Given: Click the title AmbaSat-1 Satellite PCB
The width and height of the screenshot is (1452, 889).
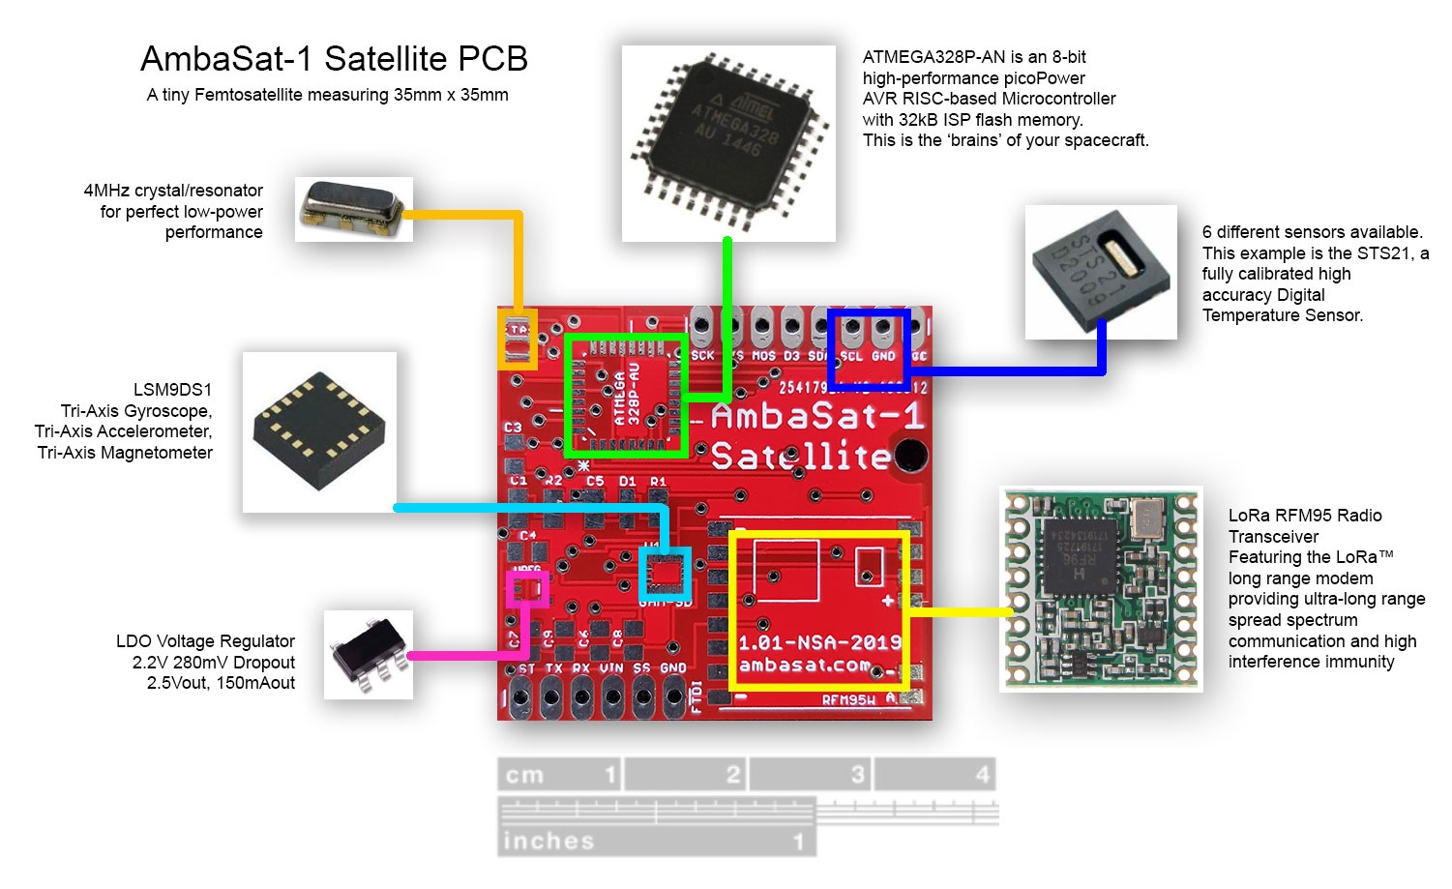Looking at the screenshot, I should click(334, 59).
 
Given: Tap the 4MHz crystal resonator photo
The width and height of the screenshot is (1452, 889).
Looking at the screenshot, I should click(353, 208).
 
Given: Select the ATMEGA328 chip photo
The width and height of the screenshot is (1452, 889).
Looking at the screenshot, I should click(728, 142).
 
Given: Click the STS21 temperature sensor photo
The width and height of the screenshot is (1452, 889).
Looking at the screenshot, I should click(1101, 272).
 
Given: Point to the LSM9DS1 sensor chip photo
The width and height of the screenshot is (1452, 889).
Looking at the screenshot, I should click(319, 431).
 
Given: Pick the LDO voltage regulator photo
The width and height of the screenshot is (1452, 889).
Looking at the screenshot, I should click(368, 655).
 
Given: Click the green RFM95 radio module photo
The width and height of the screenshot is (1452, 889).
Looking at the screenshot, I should click(1101, 589).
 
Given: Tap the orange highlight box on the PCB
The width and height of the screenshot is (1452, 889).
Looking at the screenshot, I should click(518, 340).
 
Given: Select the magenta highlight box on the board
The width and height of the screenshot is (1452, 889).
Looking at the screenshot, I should click(528, 588).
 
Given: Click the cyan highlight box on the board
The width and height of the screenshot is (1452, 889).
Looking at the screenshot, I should click(666, 574).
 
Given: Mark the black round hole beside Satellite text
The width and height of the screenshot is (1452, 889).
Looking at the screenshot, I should click(909, 454).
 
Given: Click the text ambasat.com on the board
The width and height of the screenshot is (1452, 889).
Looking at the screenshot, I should click(804, 665).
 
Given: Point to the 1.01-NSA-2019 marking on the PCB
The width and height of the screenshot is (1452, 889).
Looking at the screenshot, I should click(819, 642).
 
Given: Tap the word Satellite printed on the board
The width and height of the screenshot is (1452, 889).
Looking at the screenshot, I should click(800, 456).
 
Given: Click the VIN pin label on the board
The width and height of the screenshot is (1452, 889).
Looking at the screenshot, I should click(611, 668).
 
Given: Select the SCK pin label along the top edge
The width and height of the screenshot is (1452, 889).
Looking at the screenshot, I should click(703, 356).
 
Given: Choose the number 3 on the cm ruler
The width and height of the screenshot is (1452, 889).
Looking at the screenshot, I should click(857, 775).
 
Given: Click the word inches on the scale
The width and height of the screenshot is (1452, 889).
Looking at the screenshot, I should click(548, 841).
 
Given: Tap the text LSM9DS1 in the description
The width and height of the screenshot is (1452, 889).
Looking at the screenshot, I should click(172, 390).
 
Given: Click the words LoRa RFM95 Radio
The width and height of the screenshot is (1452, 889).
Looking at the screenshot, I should click(1305, 516).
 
